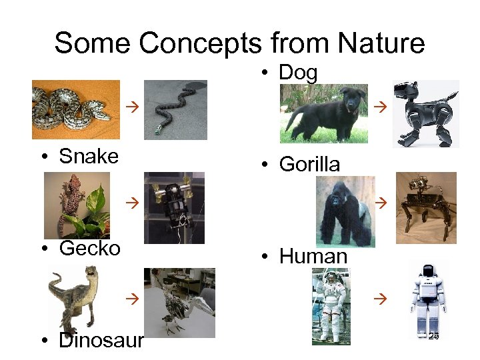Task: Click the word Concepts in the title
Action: [201, 43]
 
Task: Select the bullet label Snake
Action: [88, 157]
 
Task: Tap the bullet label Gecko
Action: [89, 249]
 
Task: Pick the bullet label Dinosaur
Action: [100, 341]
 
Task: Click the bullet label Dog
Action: [297, 73]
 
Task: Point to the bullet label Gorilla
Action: [309, 164]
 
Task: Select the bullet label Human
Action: [313, 256]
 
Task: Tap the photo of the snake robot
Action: [175, 109]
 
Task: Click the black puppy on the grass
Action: [323, 113]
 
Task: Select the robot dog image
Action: [426, 113]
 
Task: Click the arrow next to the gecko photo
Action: [132, 200]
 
